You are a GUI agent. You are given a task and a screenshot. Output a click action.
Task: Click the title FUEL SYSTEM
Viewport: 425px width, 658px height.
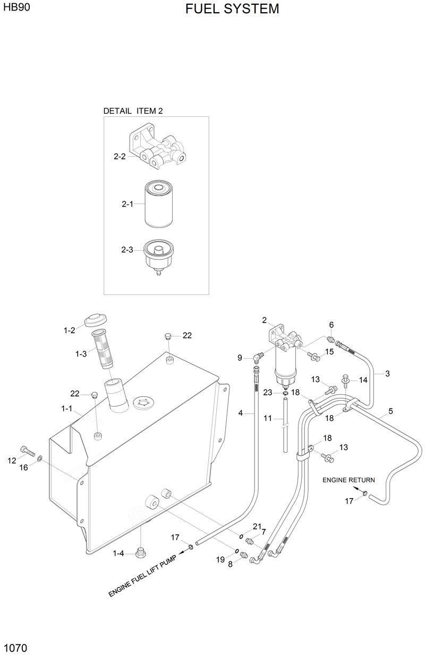pyautogui.click(x=232, y=9)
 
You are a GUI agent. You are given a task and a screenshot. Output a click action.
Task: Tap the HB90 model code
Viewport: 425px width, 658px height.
pyautogui.click(x=16, y=9)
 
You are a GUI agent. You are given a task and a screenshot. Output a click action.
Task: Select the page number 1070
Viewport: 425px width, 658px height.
pyautogui.click(x=15, y=647)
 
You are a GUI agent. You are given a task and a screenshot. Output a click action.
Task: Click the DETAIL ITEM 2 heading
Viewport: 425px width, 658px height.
pyautogui.click(x=133, y=111)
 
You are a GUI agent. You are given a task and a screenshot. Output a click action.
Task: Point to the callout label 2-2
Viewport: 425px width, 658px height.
pyautogui.click(x=120, y=156)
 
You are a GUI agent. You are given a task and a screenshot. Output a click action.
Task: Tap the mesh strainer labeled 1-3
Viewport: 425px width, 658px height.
pyautogui.click(x=104, y=349)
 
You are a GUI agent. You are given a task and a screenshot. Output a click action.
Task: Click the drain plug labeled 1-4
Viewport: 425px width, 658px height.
pyautogui.click(x=141, y=553)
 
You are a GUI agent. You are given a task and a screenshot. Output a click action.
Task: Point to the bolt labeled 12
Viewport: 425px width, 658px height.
pyautogui.click(x=27, y=451)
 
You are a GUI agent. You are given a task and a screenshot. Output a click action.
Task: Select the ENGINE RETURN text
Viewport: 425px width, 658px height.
pyautogui.click(x=348, y=480)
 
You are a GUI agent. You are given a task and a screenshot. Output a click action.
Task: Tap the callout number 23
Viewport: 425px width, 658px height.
pyautogui.click(x=267, y=393)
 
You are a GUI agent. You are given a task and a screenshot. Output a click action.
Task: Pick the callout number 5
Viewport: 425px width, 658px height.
pyautogui.click(x=390, y=411)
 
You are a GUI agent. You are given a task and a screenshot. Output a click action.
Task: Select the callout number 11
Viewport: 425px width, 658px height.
pyautogui.click(x=269, y=419)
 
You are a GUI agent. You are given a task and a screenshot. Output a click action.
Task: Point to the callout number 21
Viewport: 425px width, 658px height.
pyautogui.click(x=257, y=527)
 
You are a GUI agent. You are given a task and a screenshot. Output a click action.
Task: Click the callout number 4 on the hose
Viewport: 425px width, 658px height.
pyautogui.click(x=240, y=413)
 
